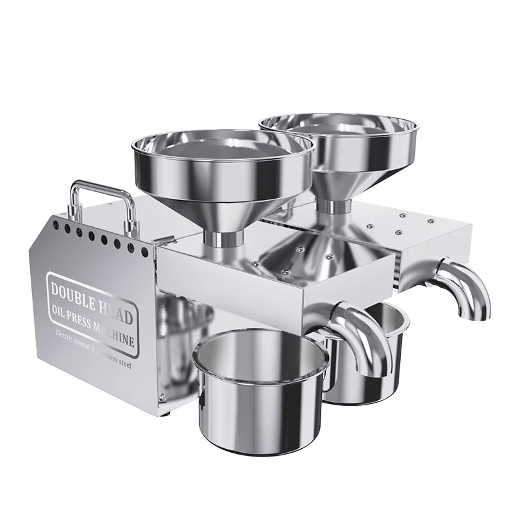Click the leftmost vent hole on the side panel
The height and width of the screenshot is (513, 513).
(54, 225)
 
